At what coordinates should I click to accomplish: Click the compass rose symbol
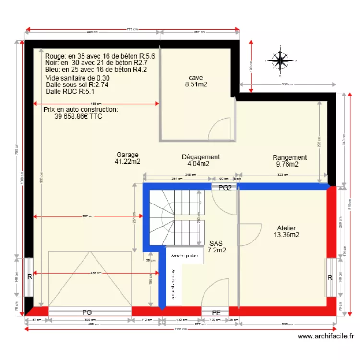(280, 60)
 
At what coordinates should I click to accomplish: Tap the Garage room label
(127, 155)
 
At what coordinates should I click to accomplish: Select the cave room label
(196, 78)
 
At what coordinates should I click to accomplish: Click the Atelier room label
(287, 228)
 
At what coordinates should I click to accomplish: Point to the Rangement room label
(289, 157)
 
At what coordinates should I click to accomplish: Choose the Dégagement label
(201, 157)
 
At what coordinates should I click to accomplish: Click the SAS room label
(216, 243)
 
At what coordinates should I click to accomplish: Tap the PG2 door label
(225, 188)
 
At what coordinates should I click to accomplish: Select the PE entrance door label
(216, 313)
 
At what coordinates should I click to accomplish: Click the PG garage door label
(87, 312)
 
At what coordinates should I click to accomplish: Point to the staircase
(177, 216)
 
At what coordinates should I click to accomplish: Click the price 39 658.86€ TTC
(78, 116)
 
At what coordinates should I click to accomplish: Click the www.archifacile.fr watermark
(326, 337)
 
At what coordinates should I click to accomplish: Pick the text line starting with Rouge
(100, 56)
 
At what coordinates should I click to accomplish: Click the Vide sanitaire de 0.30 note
(77, 78)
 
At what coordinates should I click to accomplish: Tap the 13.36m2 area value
(287, 235)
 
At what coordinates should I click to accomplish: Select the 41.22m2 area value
(127, 162)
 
